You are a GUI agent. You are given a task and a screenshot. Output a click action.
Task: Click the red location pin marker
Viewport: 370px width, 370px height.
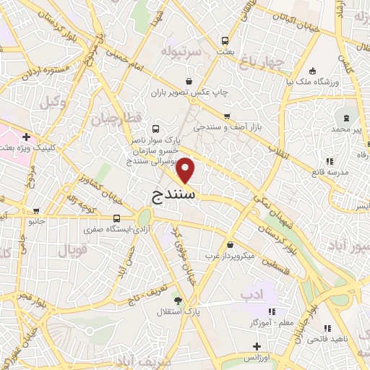(x=186, y=170)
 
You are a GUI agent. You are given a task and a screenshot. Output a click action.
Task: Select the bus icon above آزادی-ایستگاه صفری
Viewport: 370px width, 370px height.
(x=117, y=218)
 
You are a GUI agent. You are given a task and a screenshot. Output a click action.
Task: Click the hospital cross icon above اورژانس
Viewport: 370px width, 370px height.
(x=257, y=346)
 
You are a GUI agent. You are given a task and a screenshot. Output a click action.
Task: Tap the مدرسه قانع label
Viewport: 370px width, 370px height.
(x=330, y=172)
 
